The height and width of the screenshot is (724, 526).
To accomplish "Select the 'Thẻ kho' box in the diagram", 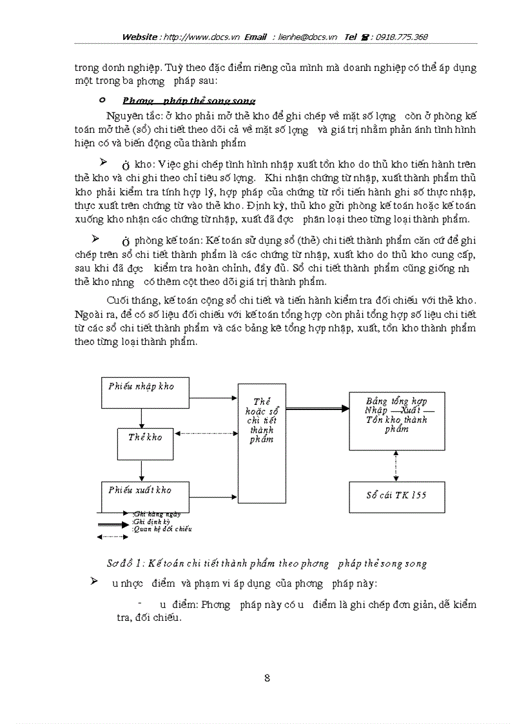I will [x=145, y=443].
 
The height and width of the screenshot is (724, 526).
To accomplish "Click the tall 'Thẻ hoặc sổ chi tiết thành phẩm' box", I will [x=262, y=442].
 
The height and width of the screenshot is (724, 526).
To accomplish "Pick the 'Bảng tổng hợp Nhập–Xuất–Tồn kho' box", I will [x=396, y=420].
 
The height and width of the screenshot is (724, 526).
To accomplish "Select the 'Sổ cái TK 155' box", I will [x=396, y=496].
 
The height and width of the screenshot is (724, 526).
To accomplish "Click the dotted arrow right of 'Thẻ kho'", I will [x=206, y=433].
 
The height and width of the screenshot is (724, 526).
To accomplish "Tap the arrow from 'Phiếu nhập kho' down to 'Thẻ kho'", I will [x=141, y=418].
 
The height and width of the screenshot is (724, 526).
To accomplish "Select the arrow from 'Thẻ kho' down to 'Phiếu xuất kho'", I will [x=141, y=469].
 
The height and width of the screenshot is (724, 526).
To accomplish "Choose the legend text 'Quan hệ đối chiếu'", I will [x=162, y=529].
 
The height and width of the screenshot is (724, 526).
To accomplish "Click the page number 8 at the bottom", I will [x=267, y=678].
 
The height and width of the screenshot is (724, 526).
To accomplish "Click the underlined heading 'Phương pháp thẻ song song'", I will [x=189, y=101].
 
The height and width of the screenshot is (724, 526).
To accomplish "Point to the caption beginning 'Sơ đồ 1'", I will [x=266, y=563].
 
